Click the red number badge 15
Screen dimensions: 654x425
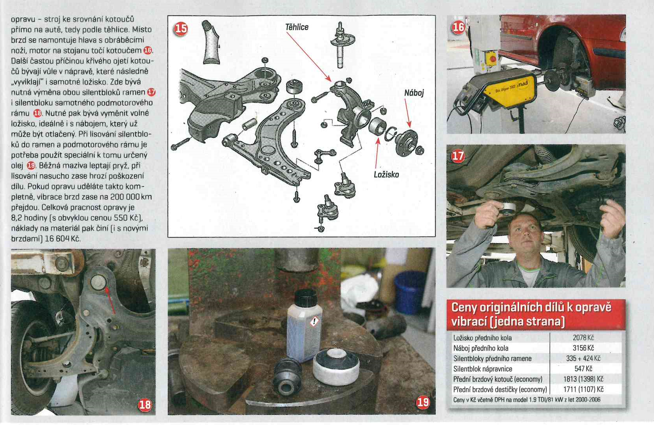[181, 29]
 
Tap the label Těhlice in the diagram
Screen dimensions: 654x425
[297, 27]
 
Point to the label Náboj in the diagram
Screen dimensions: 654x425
[414, 93]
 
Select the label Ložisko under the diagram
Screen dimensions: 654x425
[386, 175]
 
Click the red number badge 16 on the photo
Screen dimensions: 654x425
[458, 27]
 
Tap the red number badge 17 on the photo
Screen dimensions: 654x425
[458, 156]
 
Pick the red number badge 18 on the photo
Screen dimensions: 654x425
[145, 405]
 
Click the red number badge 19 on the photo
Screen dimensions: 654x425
[423, 403]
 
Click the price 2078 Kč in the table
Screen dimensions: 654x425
[583, 338]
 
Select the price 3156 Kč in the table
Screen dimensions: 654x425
[583, 348]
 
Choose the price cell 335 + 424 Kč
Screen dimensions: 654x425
[583, 358]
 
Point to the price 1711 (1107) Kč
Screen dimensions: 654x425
[583, 389]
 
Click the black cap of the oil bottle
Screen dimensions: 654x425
[305, 297]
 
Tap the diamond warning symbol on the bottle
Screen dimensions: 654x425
[314, 322]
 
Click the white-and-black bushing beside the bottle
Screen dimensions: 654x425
[336, 367]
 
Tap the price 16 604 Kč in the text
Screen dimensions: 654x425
[62, 239]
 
